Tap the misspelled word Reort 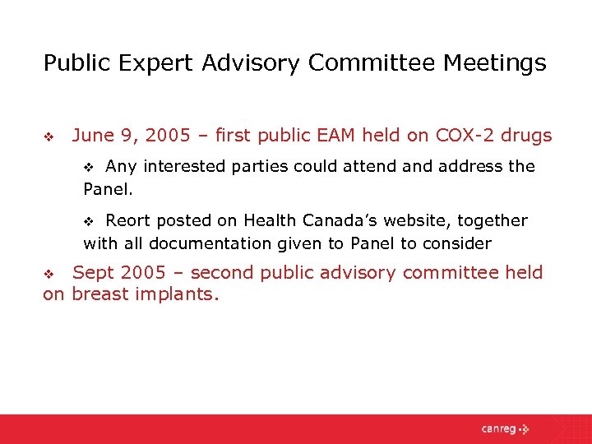click(x=129, y=220)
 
